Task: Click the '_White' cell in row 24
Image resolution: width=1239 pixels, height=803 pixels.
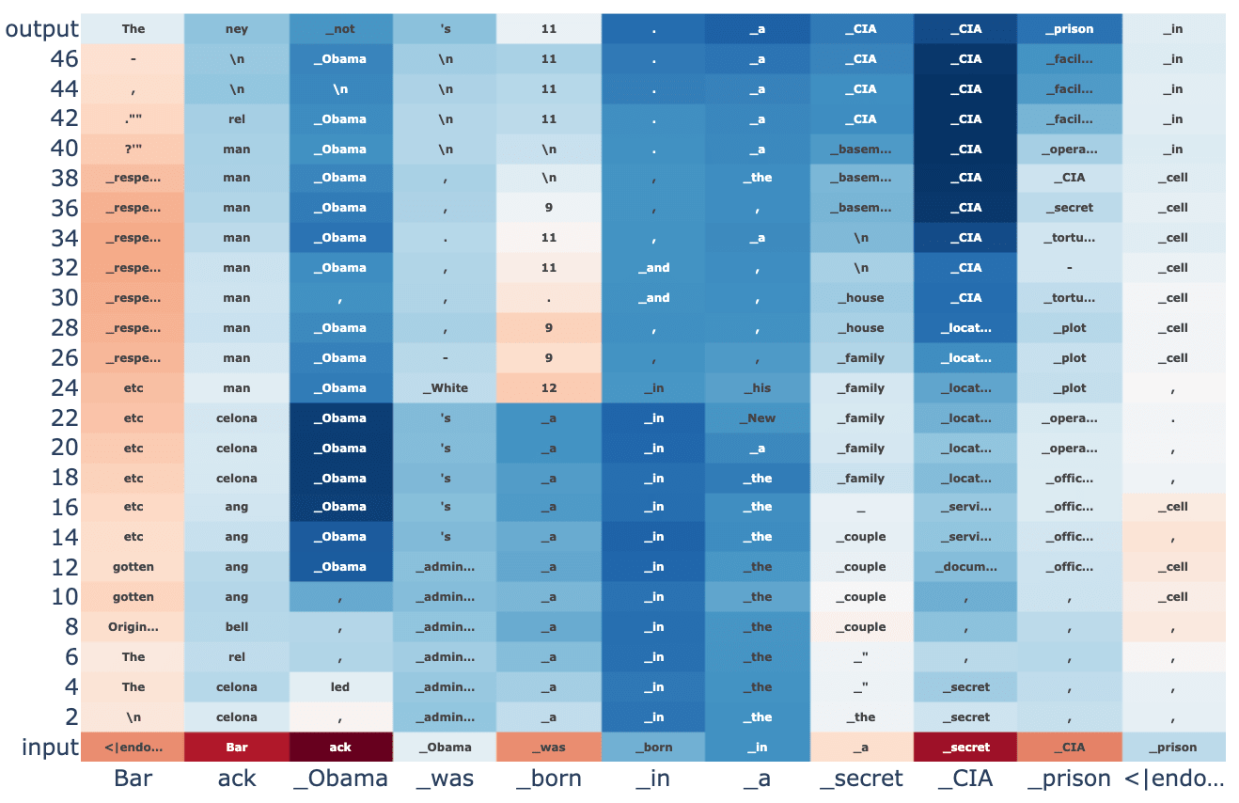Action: tap(445, 387)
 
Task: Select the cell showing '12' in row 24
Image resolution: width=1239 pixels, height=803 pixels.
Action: tap(549, 387)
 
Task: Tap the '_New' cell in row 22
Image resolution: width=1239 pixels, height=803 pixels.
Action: tap(761, 417)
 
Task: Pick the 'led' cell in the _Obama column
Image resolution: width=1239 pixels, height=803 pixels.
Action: tap(340, 686)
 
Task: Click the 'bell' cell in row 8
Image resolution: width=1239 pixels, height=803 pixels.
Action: tap(237, 626)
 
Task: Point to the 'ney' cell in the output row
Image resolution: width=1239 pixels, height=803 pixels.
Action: tap(237, 28)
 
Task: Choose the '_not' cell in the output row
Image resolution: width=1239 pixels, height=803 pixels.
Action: tap(340, 28)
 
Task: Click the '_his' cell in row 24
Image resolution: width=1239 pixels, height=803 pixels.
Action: tap(761, 387)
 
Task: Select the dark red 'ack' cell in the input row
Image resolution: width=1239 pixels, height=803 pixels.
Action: tap(340, 747)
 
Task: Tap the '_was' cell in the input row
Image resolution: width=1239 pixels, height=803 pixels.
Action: tap(549, 747)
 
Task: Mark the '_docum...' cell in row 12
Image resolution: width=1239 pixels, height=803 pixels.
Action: tap(969, 566)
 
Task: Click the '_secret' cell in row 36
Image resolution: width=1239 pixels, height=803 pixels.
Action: tap(1074, 207)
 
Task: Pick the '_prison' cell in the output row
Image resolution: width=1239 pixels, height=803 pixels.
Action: tap(1074, 28)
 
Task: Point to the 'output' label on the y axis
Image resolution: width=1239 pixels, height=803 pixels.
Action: tap(41, 29)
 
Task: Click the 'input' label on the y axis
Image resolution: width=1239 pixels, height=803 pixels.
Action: tap(49, 748)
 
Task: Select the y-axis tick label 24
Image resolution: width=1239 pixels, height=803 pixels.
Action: tap(64, 388)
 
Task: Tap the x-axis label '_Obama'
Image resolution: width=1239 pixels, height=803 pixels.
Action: tap(340, 779)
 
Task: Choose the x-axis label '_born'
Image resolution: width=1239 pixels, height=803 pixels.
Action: tap(549, 779)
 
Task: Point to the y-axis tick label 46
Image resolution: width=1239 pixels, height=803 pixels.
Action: tap(64, 59)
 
